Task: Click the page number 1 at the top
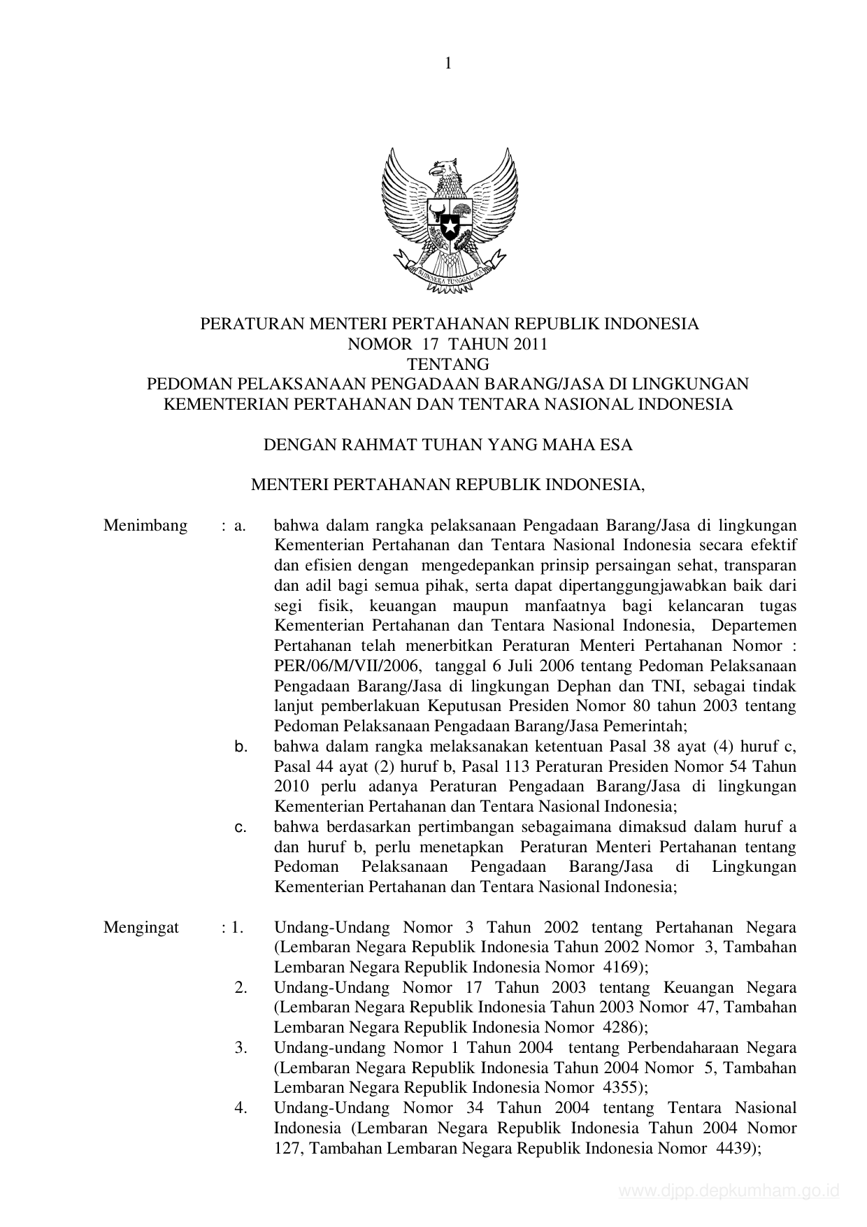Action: tap(448, 64)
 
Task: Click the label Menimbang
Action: tap(145, 525)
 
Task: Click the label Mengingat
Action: tap(141, 927)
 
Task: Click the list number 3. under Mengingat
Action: tap(242, 1048)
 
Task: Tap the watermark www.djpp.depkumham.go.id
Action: tap(730, 1191)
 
